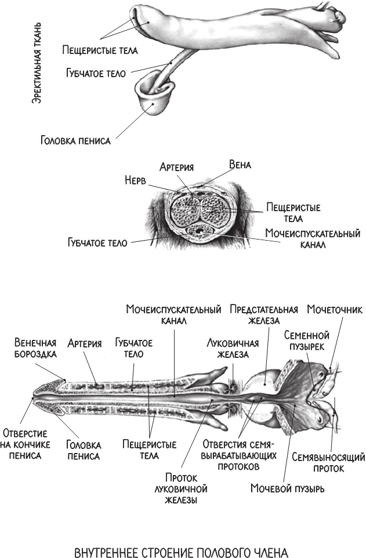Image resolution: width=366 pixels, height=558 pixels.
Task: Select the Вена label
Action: tap(240, 165)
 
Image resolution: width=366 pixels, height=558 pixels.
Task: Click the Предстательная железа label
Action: tap(263, 314)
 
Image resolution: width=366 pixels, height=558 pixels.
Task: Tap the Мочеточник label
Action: tap(335, 310)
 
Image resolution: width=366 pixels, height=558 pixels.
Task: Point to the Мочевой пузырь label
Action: tap(287, 488)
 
